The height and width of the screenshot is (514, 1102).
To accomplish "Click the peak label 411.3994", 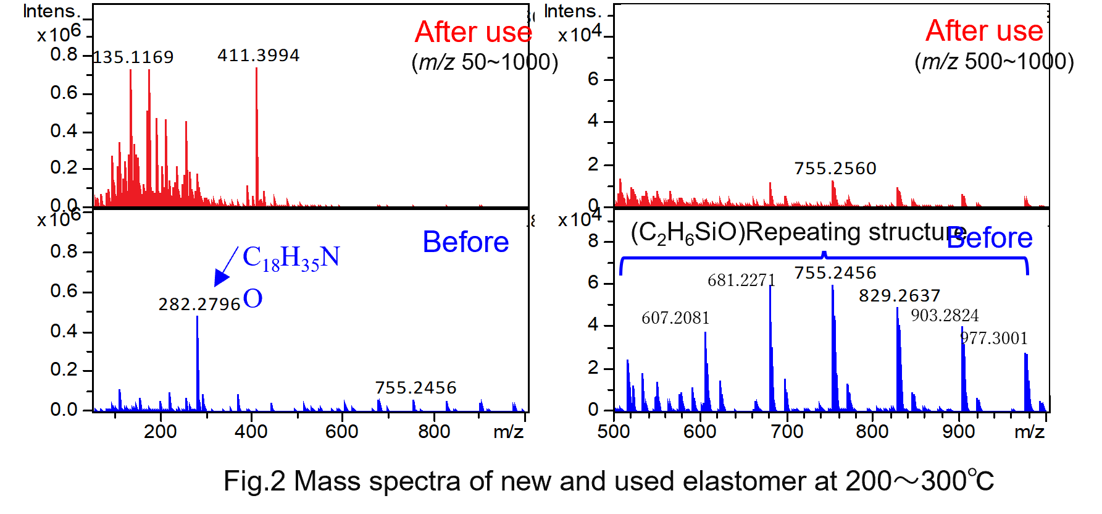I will (258, 56).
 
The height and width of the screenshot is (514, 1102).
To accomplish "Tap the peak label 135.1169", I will (133, 57).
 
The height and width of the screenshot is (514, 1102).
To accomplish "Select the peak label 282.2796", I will (199, 305).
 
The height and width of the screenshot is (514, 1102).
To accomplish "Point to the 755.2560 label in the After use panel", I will (835, 169).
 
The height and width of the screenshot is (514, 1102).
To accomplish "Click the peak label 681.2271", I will (741, 280).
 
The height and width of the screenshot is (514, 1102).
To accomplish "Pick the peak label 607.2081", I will (675, 318).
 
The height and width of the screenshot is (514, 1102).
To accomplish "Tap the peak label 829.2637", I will (900, 296).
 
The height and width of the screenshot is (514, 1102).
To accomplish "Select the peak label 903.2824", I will (945, 316).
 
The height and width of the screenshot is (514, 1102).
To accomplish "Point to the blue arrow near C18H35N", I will (225, 268).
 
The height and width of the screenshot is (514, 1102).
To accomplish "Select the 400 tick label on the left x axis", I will (251, 431).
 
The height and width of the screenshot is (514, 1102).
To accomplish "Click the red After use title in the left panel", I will (473, 32).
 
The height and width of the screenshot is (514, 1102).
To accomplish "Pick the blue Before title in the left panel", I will (465, 242).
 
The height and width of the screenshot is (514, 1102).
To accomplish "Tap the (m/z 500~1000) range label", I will (994, 62).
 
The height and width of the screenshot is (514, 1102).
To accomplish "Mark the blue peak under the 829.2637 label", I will (898, 358).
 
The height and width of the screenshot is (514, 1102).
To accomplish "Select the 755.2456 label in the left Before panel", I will (415, 388).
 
